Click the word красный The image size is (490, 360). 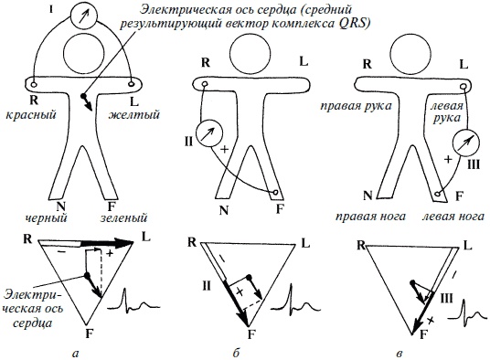point(31,114)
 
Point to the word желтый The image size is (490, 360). point(134,114)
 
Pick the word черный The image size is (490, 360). point(46,217)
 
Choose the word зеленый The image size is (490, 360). point(123,217)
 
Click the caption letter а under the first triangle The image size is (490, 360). point(75,353)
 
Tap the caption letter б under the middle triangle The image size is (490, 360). point(236,353)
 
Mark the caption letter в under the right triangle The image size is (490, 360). point(399,354)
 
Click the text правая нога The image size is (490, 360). point(370,217)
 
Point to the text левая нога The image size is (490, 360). point(453,217)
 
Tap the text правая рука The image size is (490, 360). point(356,106)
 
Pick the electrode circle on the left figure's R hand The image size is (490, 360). point(34,84)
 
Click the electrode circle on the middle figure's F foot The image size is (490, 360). point(276,192)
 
